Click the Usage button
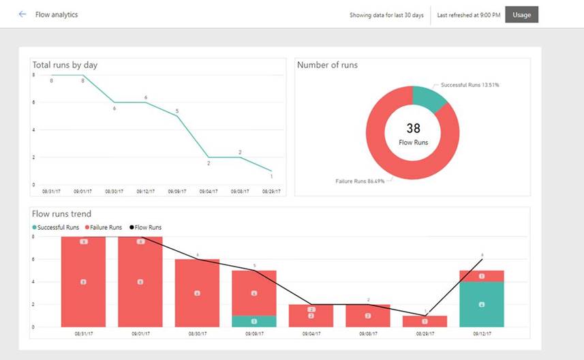[521, 14]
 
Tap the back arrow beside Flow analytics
[22, 14]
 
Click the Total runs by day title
[65, 65]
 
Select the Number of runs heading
[327, 65]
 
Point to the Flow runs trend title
[61, 214]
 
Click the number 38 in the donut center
[413, 127]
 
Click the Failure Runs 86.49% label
[359, 181]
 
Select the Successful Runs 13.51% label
[470, 85]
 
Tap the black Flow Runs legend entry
[147, 227]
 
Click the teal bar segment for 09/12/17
[481, 304]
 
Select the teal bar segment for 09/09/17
[254, 321]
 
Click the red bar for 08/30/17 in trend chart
[197, 293]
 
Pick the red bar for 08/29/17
[425, 321]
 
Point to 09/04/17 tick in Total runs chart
[208, 192]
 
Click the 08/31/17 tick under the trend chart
[83, 334]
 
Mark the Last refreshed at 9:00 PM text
[469, 14]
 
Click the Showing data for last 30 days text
[386, 14]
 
